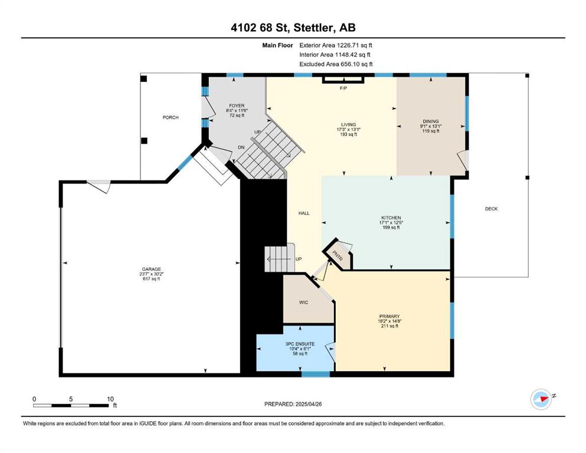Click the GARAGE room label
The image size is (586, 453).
pos(151,269)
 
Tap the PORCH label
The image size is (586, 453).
pos(171,117)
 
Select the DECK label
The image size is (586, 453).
pos(492,209)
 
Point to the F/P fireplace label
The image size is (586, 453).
pos(343,88)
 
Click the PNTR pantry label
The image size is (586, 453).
pos(338,256)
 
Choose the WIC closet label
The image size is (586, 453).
pos(303,303)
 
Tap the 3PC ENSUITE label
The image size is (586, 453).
pos(300,344)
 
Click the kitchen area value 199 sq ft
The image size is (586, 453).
pos(391,228)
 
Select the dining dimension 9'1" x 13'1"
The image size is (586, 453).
pos(431,126)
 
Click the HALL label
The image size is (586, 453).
pos(304,214)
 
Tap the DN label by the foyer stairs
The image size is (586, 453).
pos(241,147)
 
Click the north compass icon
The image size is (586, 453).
pos(541,399)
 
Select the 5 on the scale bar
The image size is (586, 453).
pos(71,399)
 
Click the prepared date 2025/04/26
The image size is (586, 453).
pos(309,404)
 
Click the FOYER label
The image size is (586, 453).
pos(237,106)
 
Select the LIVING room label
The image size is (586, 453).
pos(348,124)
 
